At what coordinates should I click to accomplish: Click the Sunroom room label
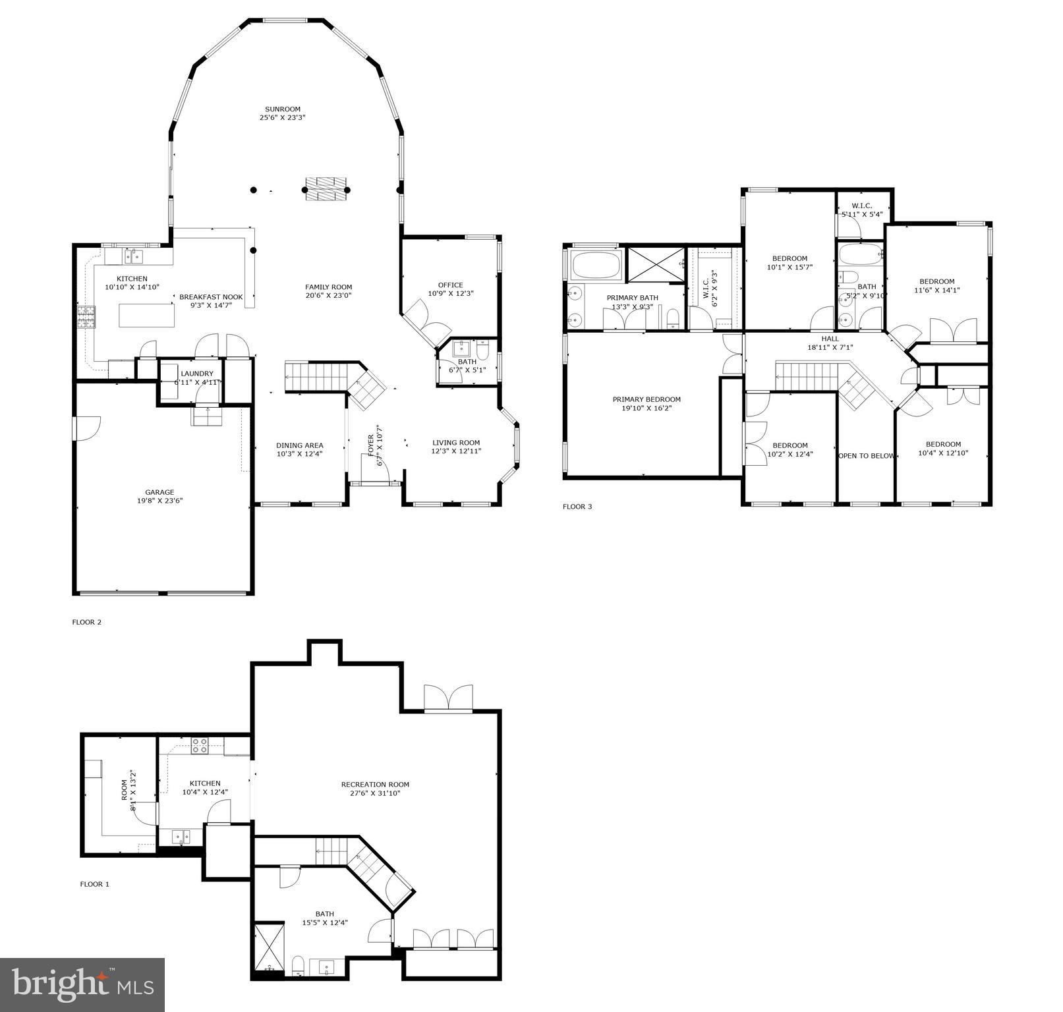[x=283, y=109]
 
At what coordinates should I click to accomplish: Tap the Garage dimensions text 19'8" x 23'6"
[x=159, y=501]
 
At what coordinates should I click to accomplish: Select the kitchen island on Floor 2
[x=146, y=315]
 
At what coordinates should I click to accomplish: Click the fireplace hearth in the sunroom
[x=327, y=190]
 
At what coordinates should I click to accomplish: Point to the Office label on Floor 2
[x=451, y=285]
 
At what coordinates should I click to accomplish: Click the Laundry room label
[x=197, y=374]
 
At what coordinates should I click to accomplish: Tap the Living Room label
[x=456, y=443]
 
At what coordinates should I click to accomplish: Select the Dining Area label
[x=299, y=445]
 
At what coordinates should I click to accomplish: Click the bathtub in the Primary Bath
[x=596, y=265]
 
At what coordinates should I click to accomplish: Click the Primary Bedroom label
[x=646, y=399]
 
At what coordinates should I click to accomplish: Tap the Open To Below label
[x=865, y=456]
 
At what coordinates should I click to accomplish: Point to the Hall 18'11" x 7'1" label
[x=830, y=343]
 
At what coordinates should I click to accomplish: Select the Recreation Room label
[x=375, y=784]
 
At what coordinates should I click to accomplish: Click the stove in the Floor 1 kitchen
[x=200, y=746]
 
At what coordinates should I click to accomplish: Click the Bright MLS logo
[x=82, y=984]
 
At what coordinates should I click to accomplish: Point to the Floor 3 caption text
[x=577, y=507]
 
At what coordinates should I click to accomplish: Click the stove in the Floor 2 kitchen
[x=86, y=318]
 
